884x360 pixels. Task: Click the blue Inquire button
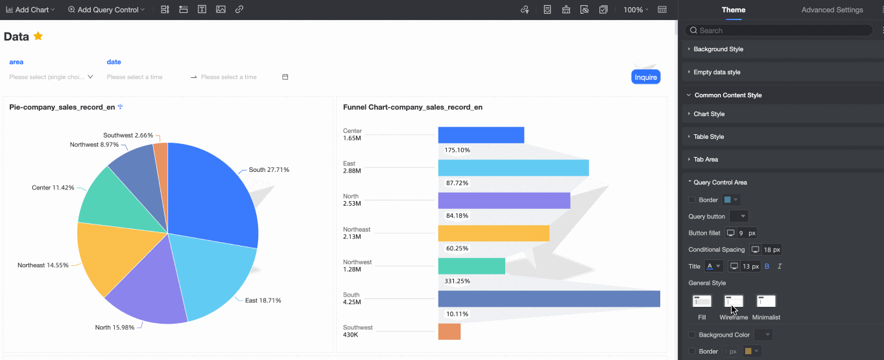[x=645, y=77]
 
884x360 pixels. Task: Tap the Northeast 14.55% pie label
[x=43, y=265]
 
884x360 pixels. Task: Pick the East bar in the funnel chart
[x=513, y=168]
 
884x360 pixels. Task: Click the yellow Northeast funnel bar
[x=493, y=233]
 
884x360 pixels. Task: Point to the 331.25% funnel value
[x=457, y=282]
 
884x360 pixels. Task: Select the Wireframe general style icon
[x=734, y=302]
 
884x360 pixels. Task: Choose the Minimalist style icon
[x=766, y=302]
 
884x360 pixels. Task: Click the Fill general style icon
[x=702, y=302]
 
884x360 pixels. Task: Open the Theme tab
[x=734, y=10]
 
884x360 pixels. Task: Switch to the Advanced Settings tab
[x=832, y=10]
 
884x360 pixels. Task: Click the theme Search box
[x=778, y=30]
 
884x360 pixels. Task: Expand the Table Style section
[x=709, y=137]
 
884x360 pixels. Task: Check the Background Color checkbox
[x=692, y=335]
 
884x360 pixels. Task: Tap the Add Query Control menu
[x=106, y=10]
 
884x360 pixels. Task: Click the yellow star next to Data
[x=38, y=36]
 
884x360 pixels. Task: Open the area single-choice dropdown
[x=51, y=77]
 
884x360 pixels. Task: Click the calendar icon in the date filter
[x=285, y=77]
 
